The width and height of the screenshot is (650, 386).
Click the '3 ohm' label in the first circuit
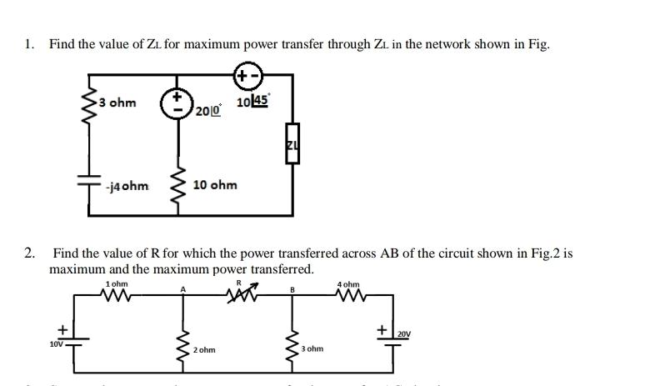click(x=118, y=103)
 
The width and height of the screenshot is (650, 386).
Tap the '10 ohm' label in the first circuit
click(x=215, y=184)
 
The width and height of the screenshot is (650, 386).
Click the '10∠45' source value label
click(x=252, y=102)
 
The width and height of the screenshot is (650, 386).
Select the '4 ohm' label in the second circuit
click(x=348, y=285)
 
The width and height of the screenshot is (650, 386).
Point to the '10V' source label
click(x=56, y=343)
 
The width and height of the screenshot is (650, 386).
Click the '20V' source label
click(x=403, y=334)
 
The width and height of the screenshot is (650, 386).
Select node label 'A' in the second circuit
click(x=182, y=290)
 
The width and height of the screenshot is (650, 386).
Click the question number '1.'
click(x=29, y=44)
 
